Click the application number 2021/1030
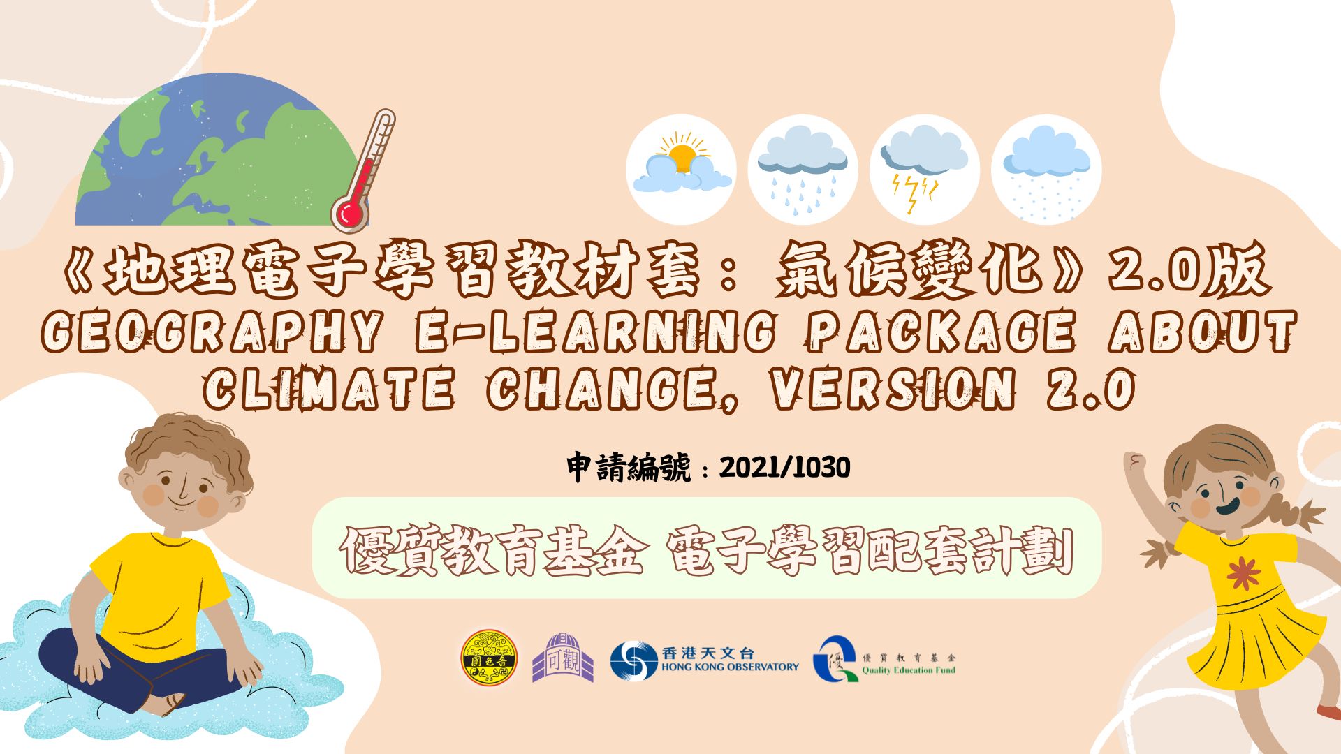click(x=784, y=467)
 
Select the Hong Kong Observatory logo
click(x=704, y=660)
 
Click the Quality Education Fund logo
click(x=884, y=660)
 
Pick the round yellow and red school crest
click(x=489, y=658)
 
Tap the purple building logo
click(x=563, y=658)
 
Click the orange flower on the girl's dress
click(x=1243, y=574)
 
